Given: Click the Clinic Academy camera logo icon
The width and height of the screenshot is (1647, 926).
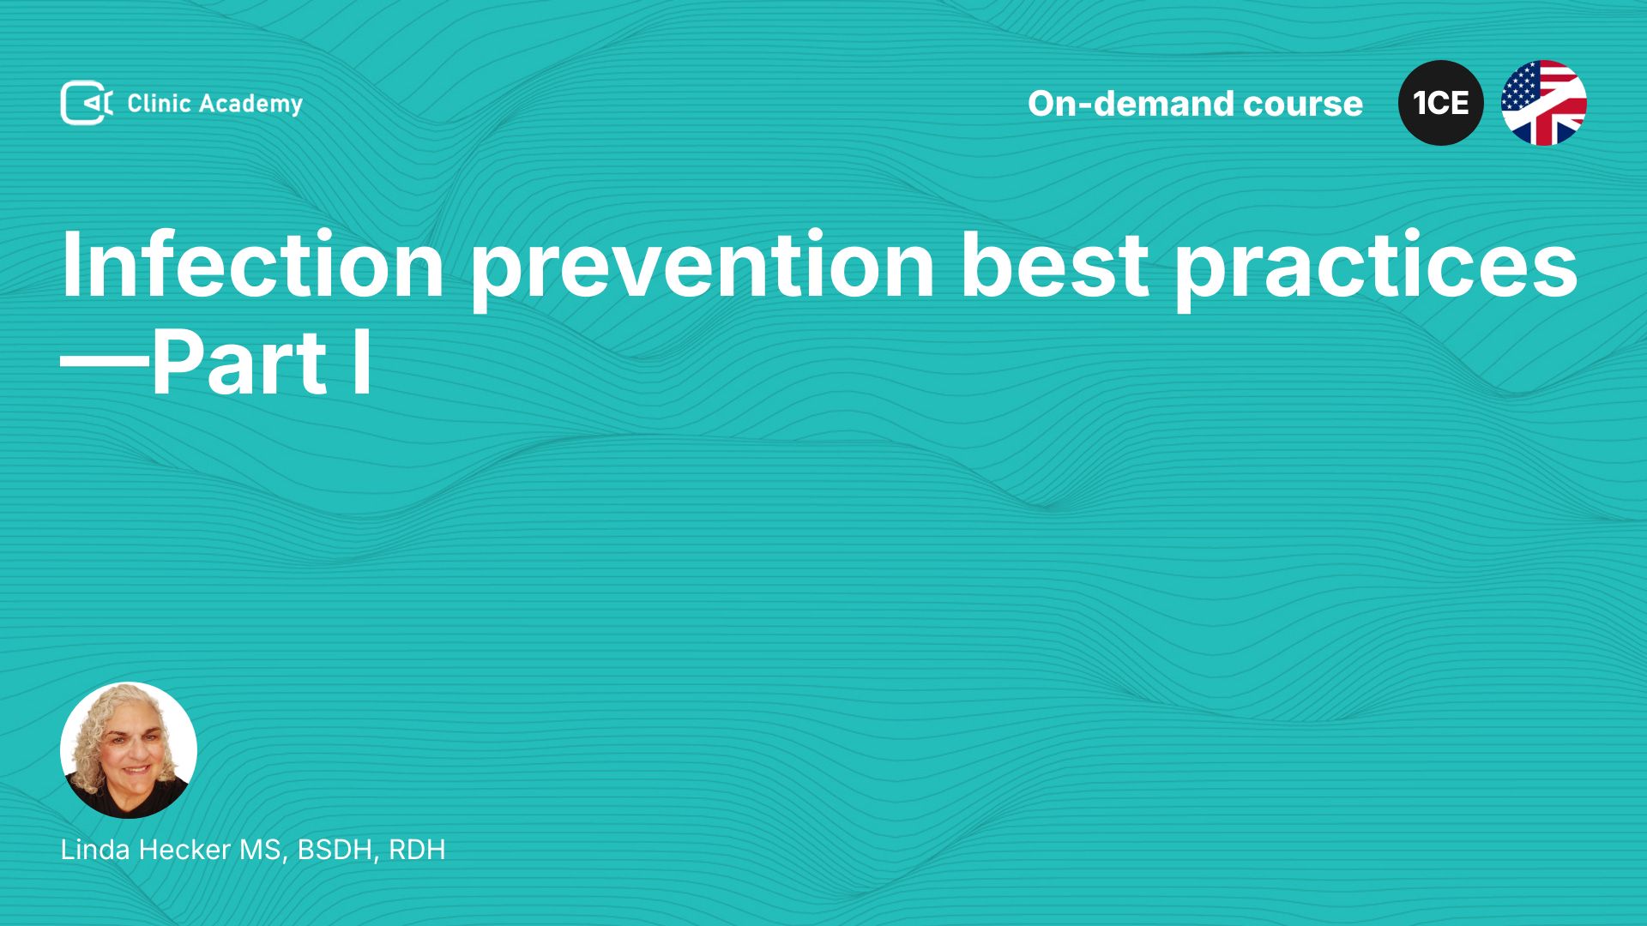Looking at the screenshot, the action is tap(87, 103).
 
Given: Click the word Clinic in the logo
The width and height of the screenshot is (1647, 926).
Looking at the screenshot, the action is tap(159, 103).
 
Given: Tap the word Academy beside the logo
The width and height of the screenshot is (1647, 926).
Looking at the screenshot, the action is tap(251, 105).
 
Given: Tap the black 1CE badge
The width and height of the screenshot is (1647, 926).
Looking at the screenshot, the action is tap(1441, 103).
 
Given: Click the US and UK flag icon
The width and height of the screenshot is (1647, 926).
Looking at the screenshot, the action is tap(1544, 103).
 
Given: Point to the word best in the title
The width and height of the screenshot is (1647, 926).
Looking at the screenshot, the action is tap(1054, 264).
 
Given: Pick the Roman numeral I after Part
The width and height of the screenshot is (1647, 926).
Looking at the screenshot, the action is tap(362, 363).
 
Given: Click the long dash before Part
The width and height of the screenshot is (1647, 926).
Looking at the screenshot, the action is tap(105, 364).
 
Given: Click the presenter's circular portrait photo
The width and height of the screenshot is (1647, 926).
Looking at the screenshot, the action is tap(129, 750).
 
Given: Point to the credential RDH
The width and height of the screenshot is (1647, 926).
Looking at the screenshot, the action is tap(417, 850).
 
